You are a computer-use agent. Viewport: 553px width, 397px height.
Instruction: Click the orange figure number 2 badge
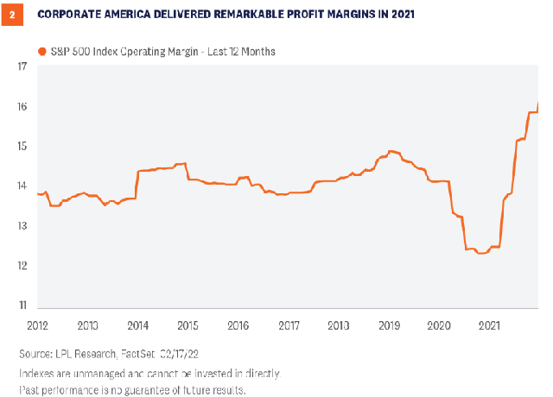point(13,16)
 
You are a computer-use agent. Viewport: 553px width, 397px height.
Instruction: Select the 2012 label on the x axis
point(38,325)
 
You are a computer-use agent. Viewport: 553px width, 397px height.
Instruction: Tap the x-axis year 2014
point(137,325)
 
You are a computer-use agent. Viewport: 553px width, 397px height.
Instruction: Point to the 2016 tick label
point(238,325)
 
